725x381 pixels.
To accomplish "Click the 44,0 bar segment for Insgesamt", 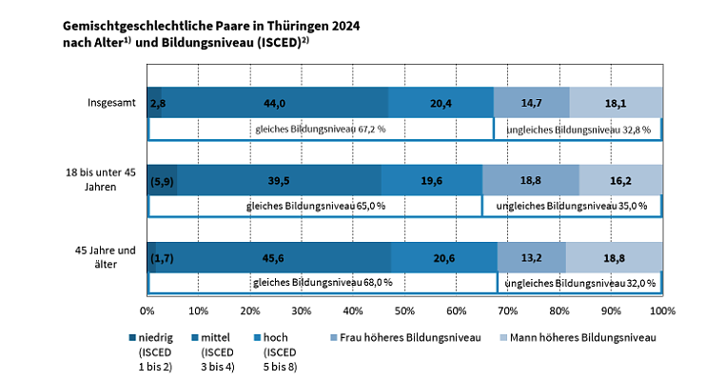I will (275, 102).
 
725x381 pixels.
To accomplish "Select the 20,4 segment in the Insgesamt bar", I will (441, 102).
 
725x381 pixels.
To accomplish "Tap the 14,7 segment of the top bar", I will (531, 102).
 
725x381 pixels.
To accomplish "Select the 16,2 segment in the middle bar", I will (620, 179).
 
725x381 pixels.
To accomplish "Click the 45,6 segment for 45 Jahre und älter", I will (274, 256).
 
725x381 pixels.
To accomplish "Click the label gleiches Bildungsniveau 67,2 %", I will (320, 129).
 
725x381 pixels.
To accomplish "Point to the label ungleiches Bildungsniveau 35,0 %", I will (572, 206).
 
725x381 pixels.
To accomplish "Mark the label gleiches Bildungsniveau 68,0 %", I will (323, 283).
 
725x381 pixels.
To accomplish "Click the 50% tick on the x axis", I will (404, 311).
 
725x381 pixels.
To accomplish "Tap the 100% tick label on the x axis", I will (662, 311).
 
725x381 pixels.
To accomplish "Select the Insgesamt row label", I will (112, 103).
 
